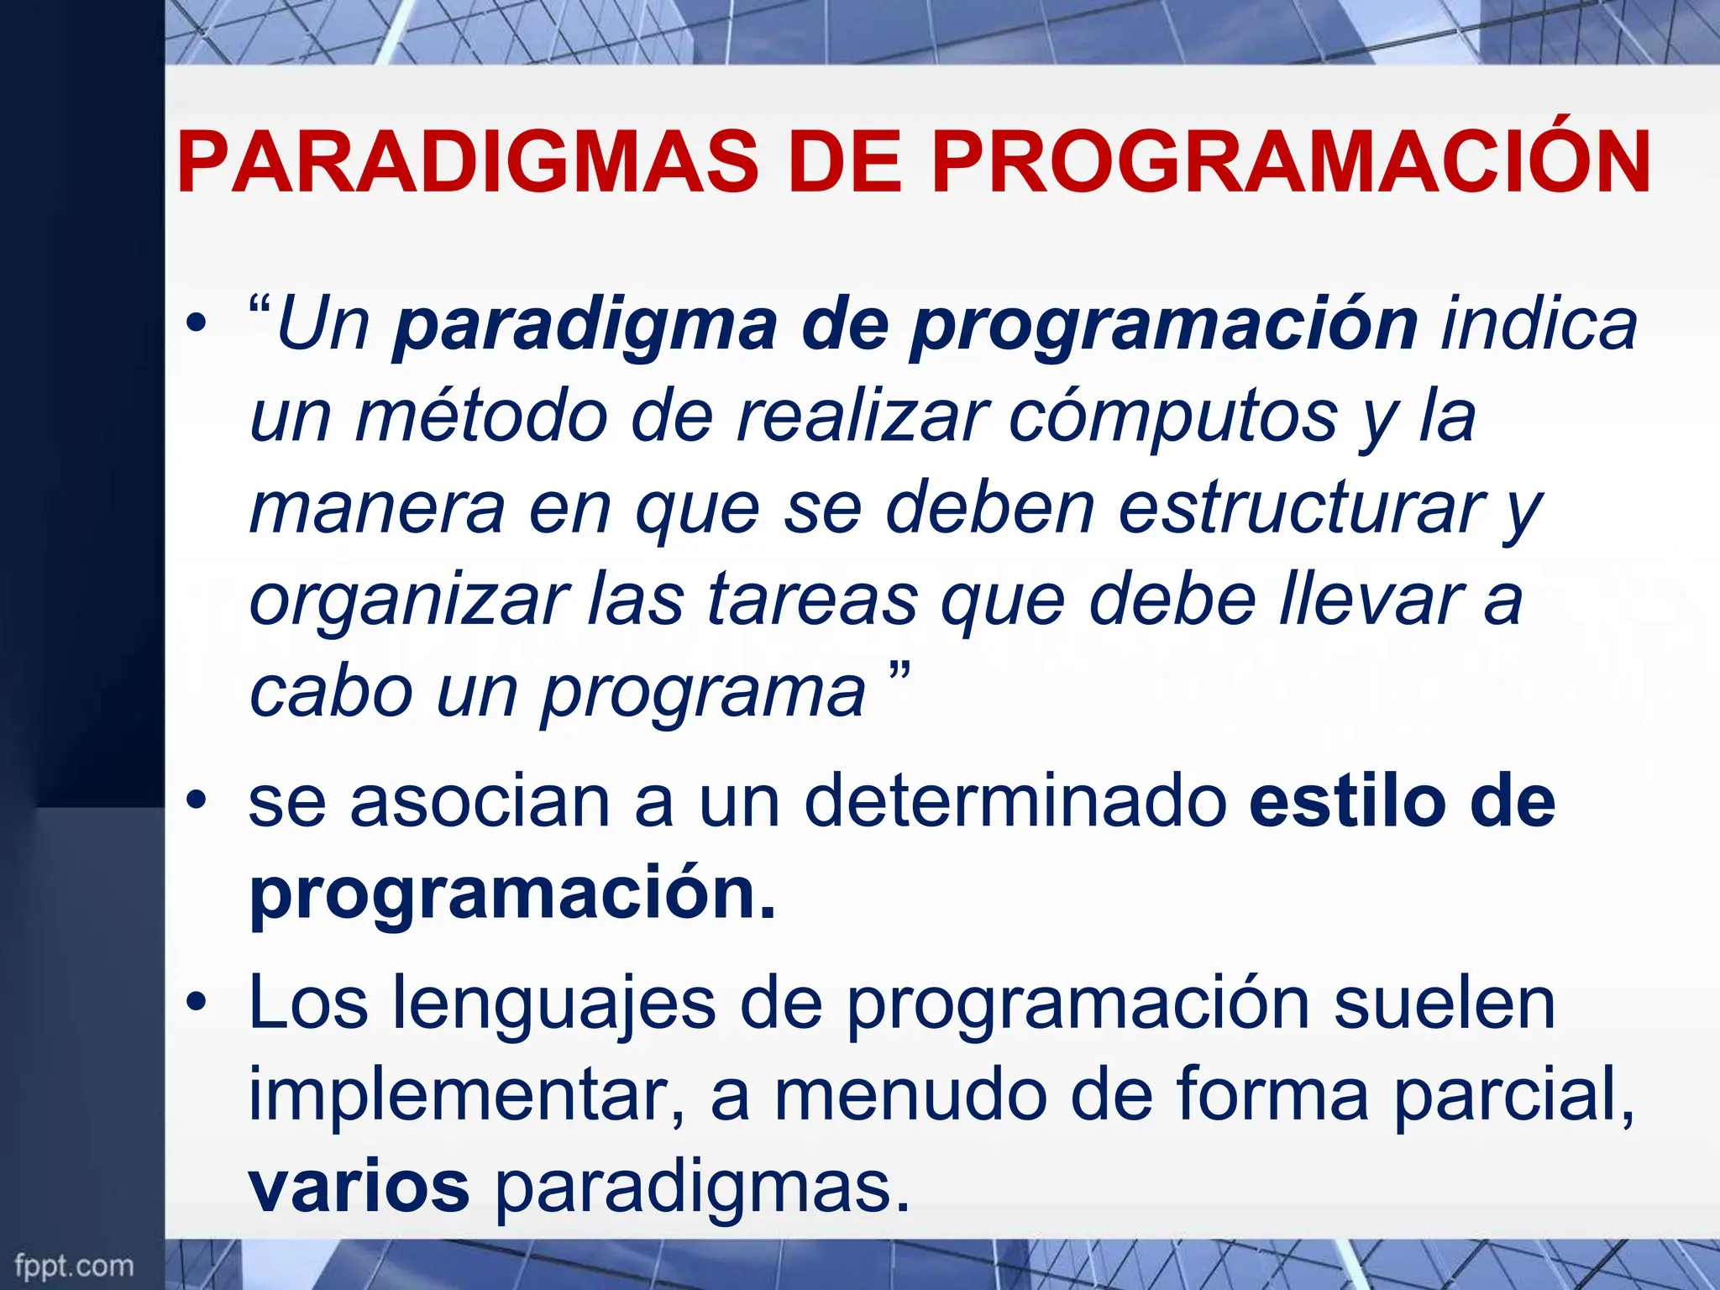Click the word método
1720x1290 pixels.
point(481,417)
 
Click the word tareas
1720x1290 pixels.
point(812,600)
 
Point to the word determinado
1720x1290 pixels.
point(1015,802)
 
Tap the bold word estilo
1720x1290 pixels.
point(1342,802)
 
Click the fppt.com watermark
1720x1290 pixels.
point(74,1266)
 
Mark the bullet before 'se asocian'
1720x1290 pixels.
point(197,801)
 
